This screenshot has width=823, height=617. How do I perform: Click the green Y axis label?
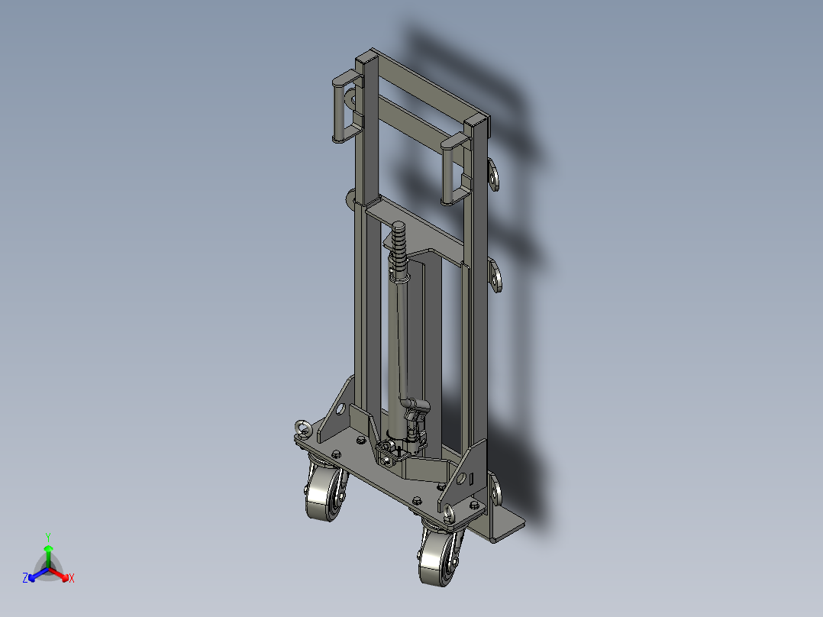(48, 537)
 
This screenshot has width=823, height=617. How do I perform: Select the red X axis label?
(72, 578)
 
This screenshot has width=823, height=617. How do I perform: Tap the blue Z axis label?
(24, 577)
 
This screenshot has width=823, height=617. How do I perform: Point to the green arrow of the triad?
(48, 556)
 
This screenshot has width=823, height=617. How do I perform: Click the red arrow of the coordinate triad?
(59, 573)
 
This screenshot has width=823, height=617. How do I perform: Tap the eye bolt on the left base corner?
(303, 428)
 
